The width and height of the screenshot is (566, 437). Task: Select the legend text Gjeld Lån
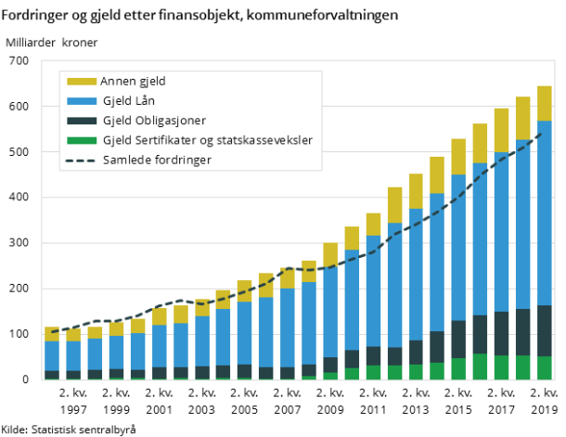pyautogui.click(x=128, y=100)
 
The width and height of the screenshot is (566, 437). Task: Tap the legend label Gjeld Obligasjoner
pyautogui.click(x=153, y=121)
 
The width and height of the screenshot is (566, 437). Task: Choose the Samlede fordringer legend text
pyautogui.click(x=157, y=161)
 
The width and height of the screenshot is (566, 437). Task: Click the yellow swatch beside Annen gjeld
pyautogui.click(x=82, y=81)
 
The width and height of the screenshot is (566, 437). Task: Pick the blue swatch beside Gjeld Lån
pyautogui.click(x=82, y=100)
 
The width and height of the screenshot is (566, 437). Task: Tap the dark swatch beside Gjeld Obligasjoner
pyautogui.click(x=82, y=121)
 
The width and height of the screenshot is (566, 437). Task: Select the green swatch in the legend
pyautogui.click(x=82, y=140)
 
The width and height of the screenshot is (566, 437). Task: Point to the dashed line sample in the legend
pyautogui.click(x=82, y=161)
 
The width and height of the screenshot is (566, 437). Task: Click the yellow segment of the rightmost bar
pyautogui.click(x=545, y=103)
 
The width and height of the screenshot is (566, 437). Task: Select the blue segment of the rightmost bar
pyautogui.click(x=545, y=212)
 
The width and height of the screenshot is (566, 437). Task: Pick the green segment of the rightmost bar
pyautogui.click(x=545, y=368)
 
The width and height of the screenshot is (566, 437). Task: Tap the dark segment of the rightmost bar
pyautogui.click(x=545, y=330)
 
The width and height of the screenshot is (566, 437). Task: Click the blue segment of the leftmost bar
pyautogui.click(x=52, y=355)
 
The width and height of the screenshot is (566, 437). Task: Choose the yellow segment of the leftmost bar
pyautogui.click(x=52, y=334)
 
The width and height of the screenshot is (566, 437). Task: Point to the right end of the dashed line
pyautogui.click(x=541, y=131)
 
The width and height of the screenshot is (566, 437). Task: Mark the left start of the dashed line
pyautogui.click(x=52, y=332)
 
